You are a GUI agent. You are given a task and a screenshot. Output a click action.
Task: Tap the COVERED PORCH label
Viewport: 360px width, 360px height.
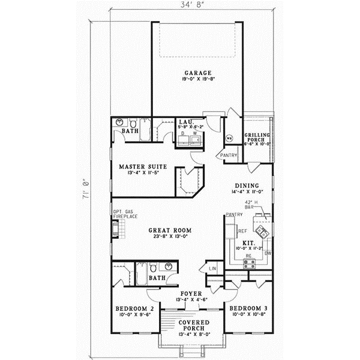193,326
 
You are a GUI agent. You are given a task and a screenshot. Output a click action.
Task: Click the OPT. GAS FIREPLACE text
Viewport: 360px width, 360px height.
121,215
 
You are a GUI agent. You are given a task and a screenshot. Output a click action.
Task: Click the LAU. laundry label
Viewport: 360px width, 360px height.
185,122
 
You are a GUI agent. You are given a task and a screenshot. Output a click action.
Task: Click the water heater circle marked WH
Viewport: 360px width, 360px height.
228,138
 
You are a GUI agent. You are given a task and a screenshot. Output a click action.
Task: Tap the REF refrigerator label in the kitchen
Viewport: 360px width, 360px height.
243,230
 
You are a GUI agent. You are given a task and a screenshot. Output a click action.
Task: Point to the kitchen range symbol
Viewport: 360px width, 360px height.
248,263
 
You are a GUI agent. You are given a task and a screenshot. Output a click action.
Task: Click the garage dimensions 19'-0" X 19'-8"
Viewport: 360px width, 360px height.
197,79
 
